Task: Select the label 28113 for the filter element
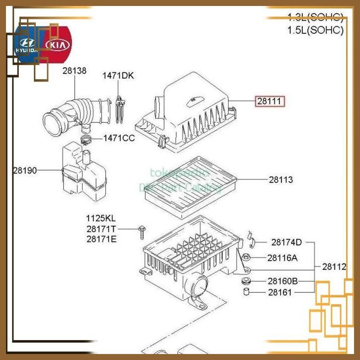(281, 180)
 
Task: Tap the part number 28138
(74, 71)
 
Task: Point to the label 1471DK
(118, 76)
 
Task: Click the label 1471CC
(119, 138)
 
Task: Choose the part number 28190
(25, 170)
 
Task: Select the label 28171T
(101, 229)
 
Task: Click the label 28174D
(286, 242)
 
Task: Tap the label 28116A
(282, 258)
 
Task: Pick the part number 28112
(334, 267)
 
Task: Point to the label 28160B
(282, 281)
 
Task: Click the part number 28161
(280, 292)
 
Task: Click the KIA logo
(58, 45)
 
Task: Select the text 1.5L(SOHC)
(315, 30)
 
